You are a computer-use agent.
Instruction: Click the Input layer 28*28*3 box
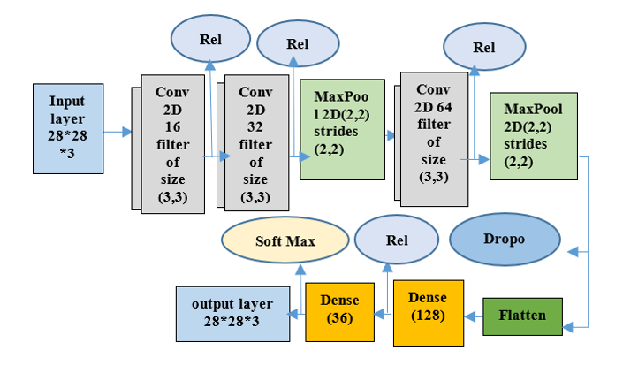(x=68, y=128)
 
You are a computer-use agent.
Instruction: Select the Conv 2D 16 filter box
(x=173, y=144)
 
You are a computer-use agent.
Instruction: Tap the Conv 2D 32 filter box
(x=256, y=142)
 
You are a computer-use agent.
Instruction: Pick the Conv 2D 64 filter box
(x=434, y=139)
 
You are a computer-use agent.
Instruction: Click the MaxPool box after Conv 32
(x=343, y=130)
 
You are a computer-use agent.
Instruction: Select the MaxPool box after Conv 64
(x=534, y=136)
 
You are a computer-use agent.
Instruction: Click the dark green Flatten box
(x=522, y=316)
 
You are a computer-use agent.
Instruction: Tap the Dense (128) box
(x=429, y=313)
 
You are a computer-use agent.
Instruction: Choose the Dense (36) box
(x=339, y=312)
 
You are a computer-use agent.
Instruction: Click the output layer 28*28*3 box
(x=232, y=314)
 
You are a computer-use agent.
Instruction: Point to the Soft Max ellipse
(x=285, y=240)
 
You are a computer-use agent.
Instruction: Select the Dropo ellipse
(x=505, y=240)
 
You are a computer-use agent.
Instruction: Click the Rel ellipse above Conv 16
(x=210, y=39)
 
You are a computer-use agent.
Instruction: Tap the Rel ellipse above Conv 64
(x=484, y=47)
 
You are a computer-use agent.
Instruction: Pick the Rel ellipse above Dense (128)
(x=397, y=240)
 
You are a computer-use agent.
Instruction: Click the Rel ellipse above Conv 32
(x=298, y=43)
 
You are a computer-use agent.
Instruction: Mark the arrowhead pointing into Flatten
(x=568, y=327)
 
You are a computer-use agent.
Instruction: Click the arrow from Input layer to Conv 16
(x=118, y=132)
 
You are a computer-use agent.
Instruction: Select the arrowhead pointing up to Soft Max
(x=300, y=270)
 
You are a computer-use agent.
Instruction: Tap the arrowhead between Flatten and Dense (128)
(x=469, y=316)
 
